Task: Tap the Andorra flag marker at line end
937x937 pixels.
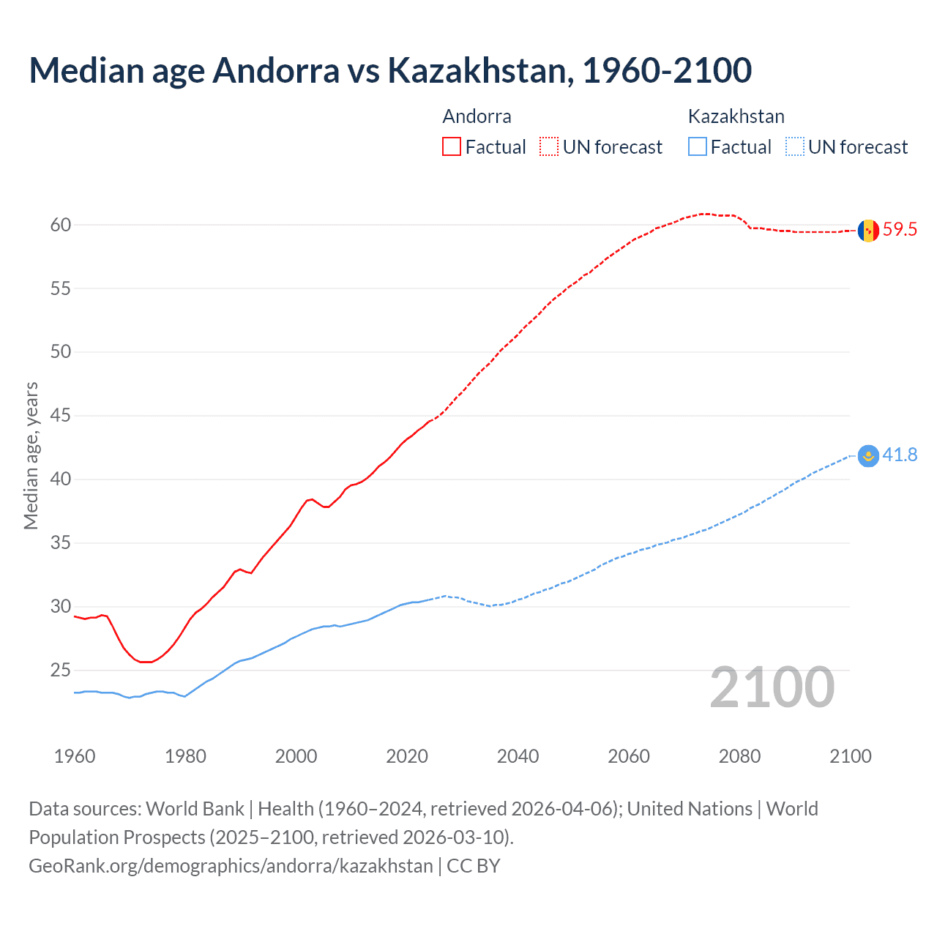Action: (x=868, y=230)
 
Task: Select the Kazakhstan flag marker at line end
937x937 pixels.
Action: (x=868, y=455)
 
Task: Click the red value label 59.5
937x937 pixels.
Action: (x=900, y=230)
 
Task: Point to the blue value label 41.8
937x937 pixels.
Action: (x=900, y=455)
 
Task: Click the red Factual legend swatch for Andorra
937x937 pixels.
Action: (x=452, y=147)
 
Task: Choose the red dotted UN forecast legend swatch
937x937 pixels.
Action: (x=549, y=147)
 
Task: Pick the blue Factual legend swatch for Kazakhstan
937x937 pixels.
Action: (x=697, y=147)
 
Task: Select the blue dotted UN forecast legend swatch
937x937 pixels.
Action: (x=794, y=147)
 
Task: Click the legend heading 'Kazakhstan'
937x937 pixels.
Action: (x=736, y=116)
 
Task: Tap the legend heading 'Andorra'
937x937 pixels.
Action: (x=477, y=116)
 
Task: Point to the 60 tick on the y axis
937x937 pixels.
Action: (x=61, y=225)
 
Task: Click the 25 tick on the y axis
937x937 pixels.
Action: (x=61, y=670)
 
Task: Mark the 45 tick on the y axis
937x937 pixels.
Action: (x=61, y=416)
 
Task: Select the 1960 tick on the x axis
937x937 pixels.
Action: (x=75, y=756)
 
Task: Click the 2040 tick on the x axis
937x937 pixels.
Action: (x=518, y=756)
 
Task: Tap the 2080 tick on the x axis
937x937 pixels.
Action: (x=739, y=756)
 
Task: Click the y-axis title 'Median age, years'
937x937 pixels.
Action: (x=31, y=455)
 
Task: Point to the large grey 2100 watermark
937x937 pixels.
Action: (x=772, y=687)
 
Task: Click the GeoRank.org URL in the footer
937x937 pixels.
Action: (x=231, y=866)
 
